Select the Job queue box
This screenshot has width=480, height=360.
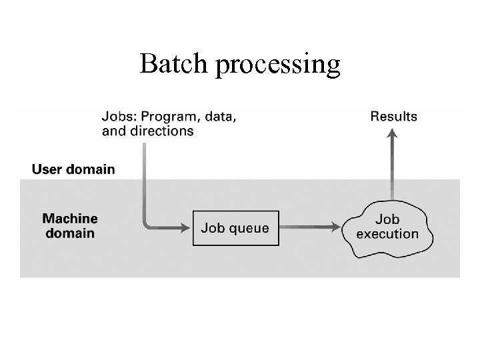235,228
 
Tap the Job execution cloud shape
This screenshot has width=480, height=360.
387,227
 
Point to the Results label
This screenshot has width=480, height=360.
393,117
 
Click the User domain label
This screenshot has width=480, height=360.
73,169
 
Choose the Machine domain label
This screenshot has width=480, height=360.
70,226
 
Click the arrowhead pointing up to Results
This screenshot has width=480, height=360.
392,133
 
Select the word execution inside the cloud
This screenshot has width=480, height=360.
387,234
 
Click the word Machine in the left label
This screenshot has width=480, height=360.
70,219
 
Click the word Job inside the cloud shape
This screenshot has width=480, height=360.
387,219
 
